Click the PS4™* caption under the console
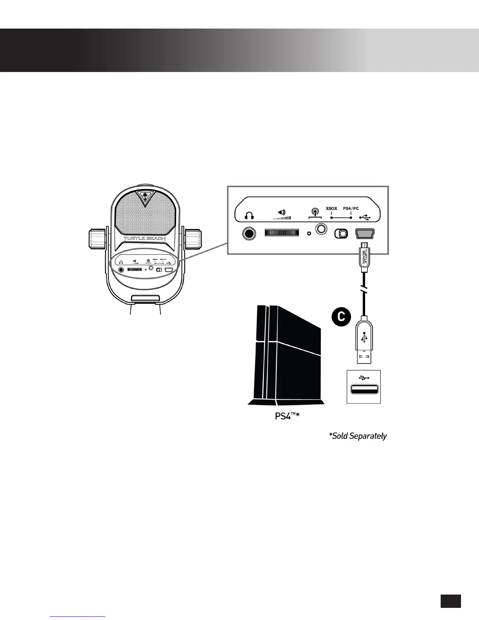287,416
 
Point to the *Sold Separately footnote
358,436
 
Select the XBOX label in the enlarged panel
331,209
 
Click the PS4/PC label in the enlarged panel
351,209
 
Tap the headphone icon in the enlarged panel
249,216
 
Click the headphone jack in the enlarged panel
249,234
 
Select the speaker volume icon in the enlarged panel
282,214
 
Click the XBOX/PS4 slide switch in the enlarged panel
341,233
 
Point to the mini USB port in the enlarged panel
365,233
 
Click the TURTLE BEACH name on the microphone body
144,238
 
